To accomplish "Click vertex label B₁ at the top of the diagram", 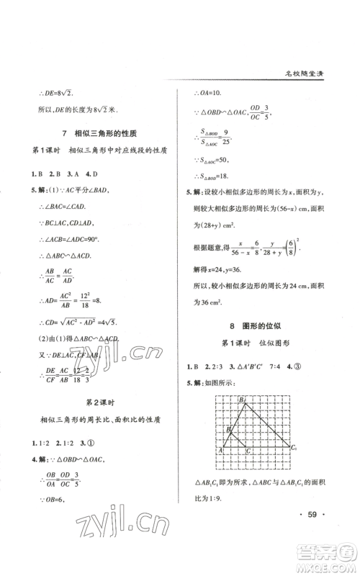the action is click(x=243, y=400).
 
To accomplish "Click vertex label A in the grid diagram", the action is click(x=218, y=450).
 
